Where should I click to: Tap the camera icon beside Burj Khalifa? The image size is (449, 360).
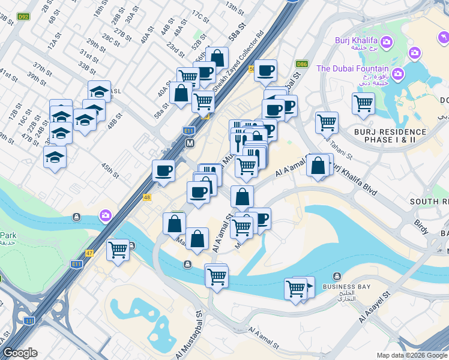click(x=385, y=42)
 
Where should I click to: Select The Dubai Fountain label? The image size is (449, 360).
click(x=352, y=68)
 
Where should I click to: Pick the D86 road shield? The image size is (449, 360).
click(x=302, y=64)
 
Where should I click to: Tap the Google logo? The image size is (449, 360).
click(x=20, y=353)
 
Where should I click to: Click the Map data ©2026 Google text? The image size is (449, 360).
click(x=411, y=355)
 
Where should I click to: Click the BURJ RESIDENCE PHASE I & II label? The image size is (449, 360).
click(x=390, y=136)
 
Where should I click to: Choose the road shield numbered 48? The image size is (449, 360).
click(x=147, y=197)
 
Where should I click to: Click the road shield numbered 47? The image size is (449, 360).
click(x=90, y=253)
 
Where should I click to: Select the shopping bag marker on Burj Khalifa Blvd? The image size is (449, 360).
click(x=318, y=166)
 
